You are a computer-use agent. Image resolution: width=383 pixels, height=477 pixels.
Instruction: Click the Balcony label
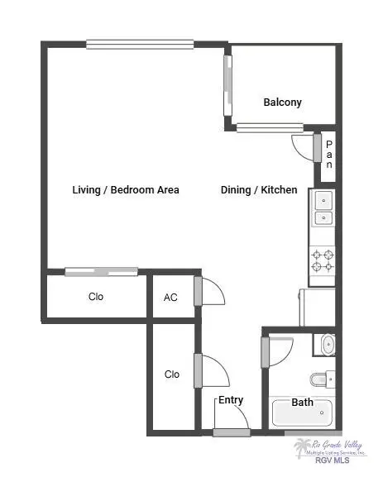(282, 103)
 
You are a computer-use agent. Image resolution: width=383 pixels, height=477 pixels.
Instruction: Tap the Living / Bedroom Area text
(125, 190)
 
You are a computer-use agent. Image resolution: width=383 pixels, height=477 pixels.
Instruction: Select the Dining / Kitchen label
(258, 190)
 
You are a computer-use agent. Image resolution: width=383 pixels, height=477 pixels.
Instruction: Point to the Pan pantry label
(328, 154)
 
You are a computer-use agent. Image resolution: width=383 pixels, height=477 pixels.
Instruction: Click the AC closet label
(170, 298)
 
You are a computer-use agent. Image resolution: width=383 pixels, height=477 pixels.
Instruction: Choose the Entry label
(231, 400)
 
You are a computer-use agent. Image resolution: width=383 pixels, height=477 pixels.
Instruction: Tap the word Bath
(302, 403)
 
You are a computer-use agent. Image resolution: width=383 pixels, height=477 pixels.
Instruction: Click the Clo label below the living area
(96, 297)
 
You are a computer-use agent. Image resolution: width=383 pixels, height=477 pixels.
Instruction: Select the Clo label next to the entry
(171, 374)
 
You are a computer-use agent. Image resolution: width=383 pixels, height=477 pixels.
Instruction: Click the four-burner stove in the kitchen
(323, 261)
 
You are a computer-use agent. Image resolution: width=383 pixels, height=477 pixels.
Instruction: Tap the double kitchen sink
(323, 208)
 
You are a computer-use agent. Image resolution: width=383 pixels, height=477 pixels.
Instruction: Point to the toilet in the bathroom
(322, 379)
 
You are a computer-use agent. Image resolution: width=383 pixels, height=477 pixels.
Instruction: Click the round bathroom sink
(328, 345)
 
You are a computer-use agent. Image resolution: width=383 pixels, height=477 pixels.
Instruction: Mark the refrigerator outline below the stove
(318, 306)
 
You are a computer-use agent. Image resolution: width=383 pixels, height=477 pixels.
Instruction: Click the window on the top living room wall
(139, 45)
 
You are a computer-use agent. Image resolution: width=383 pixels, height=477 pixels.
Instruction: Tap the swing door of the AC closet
(211, 291)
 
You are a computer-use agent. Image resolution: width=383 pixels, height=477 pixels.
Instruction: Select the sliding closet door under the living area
(101, 270)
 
